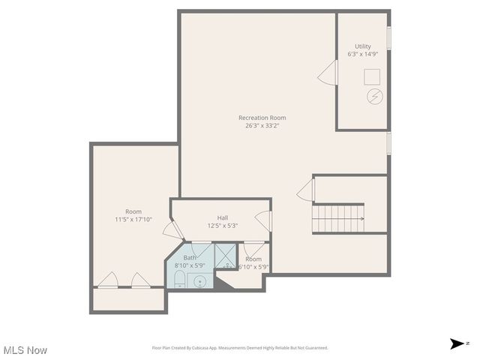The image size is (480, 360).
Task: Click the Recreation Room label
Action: tap(262, 118)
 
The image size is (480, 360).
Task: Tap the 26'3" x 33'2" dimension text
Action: tap(262, 126)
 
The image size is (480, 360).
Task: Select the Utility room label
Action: tap(362, 46)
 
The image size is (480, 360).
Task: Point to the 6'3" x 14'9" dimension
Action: tap(362, 55)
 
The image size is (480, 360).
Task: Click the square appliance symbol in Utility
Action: tap(373, 76)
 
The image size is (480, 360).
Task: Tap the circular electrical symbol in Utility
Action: tap(373, 97)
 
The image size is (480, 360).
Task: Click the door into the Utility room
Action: tap(327, 73)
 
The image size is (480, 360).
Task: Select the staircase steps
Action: tap(337, 218)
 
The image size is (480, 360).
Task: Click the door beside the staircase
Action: tap(305, 190)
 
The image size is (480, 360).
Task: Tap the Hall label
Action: tap(223, 217)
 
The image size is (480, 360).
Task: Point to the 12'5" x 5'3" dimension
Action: tap(223, 226)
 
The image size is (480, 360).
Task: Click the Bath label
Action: tap(190, 257)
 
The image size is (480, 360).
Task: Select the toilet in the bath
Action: tap(180, 280)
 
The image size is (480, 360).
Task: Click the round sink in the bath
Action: tap(200, 282)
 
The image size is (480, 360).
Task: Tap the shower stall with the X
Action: tap(225, 256)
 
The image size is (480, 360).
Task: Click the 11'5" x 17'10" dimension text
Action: tap(133, 220)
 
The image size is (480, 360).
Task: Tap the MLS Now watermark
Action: tap(25, 350)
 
